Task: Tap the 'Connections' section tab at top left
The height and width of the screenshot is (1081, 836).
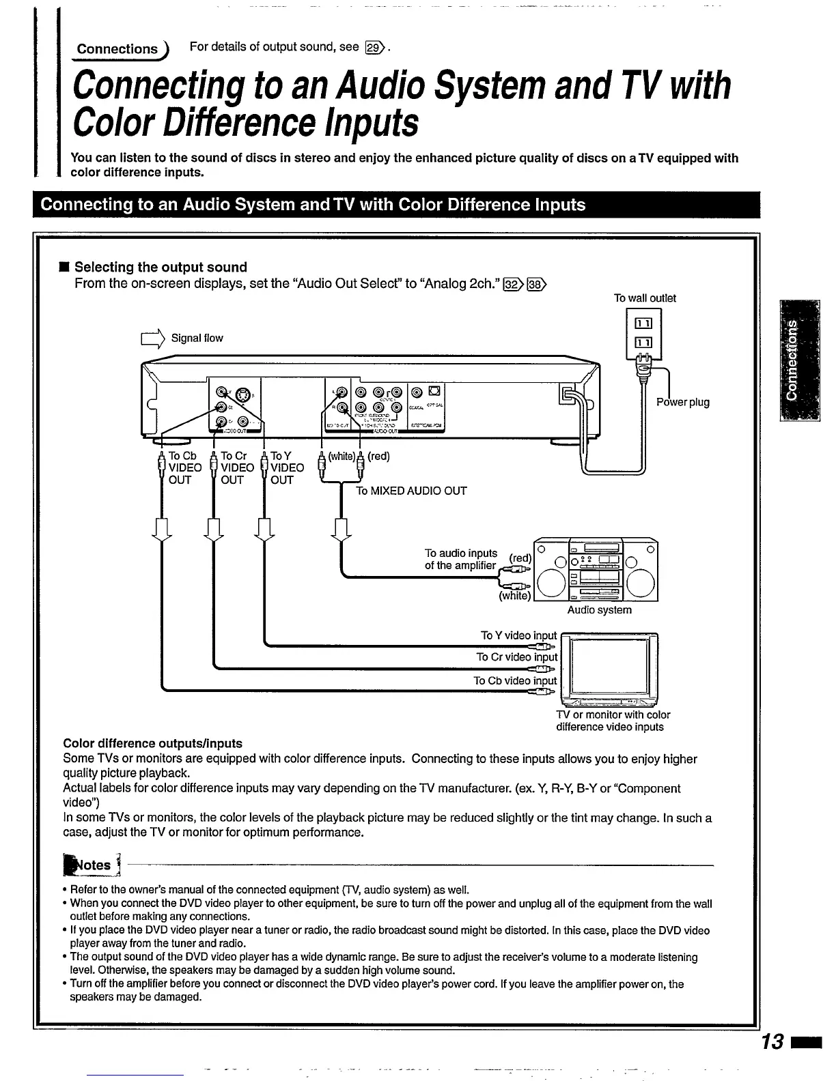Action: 117,49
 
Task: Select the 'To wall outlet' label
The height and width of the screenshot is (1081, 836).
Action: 644,298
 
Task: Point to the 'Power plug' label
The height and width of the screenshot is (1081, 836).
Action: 683,402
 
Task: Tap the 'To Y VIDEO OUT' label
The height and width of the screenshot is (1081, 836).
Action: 286,467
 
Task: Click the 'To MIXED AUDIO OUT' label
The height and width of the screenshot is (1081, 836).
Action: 411,491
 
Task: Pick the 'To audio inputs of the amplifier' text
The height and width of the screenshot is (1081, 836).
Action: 460,559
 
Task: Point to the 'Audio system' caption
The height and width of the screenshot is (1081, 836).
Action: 599,610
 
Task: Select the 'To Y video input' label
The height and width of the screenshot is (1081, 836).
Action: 518,635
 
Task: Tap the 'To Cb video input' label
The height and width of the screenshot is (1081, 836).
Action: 515,680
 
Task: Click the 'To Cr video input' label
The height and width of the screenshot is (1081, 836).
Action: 516,657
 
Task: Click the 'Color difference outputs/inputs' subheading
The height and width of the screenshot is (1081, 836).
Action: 152,743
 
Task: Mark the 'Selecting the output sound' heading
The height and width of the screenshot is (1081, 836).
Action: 161,267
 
